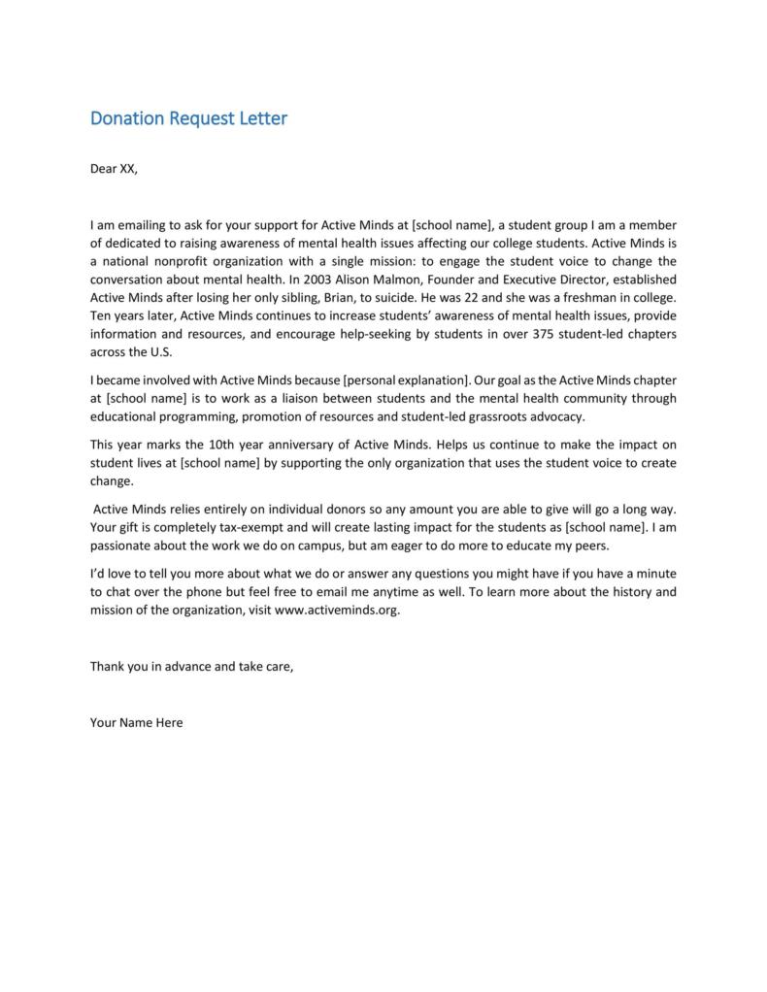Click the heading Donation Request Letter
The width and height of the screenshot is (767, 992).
pos(188,119)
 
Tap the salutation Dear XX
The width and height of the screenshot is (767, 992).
pos(114,169)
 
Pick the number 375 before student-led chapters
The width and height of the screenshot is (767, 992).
pos(544,334)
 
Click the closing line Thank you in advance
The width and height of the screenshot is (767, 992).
pos(191,667)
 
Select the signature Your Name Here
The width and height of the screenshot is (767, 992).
pos(136,723)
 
